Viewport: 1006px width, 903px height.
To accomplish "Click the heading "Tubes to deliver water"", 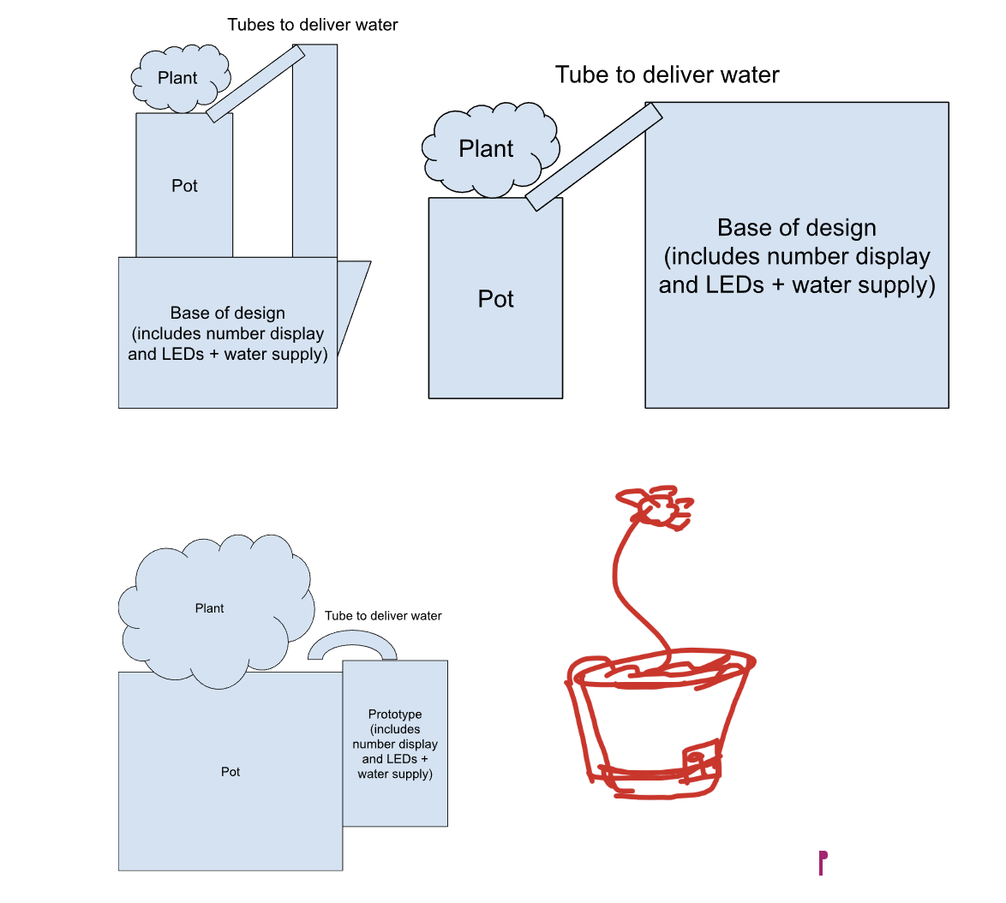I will pyautogui.click(x=313, y=25).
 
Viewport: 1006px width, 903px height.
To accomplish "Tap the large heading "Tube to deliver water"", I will pyautogui.click(x=667, y=75).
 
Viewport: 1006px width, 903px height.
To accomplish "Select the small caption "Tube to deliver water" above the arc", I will pyautogui.click(x=383, y=616).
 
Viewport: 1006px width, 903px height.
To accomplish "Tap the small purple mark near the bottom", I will pyautogui.click(x=822, y=862).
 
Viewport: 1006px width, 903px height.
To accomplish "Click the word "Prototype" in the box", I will pyautogui.click(x=395, y=715).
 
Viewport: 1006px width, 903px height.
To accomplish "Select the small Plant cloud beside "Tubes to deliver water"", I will pyautogui.click(x=179, y=78).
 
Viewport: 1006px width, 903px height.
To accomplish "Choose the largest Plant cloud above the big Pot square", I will pyautogui.click(x=211, y=609).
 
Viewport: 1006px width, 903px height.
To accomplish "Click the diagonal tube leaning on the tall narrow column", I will pyautogui.click(x=255, y=83).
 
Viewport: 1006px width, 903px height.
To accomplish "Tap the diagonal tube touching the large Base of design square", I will pyautogui.click(x=593, y=157).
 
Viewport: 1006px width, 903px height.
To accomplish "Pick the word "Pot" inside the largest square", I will pyautogui.click(x=231, y=772).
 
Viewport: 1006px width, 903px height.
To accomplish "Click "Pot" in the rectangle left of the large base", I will pyautogui.click(x=495, y=300).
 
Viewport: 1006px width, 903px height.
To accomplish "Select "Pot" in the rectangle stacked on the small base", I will pyautogui.click(x=184, y=186).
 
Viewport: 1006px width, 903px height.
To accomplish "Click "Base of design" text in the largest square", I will pyautogui.click(x=796, y=228).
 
